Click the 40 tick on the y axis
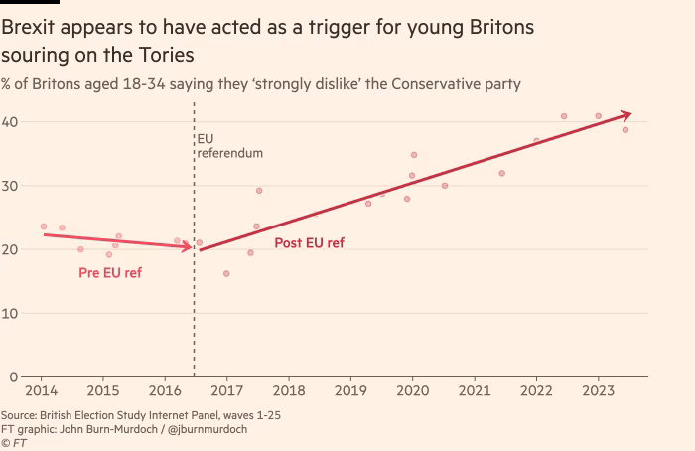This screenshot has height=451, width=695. (x=10, y=122)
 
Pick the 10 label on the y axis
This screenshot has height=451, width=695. (x=10, y=314)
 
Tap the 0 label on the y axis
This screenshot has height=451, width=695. (x=14, y=376)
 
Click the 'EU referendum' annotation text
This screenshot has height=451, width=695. (x=229, y=146)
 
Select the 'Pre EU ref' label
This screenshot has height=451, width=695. (x=110, y=272)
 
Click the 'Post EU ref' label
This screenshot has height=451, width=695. (x=309, y=243)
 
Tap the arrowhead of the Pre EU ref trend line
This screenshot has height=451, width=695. (x=187, y=246)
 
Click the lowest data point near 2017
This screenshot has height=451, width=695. (x=226, y=273)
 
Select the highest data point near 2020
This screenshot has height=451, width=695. (x=414, y=155)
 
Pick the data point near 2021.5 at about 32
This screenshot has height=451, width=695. (x=501, y=173)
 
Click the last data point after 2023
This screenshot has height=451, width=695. (x=625, y=130)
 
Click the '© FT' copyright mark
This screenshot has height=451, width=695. (x=14, y=443)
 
